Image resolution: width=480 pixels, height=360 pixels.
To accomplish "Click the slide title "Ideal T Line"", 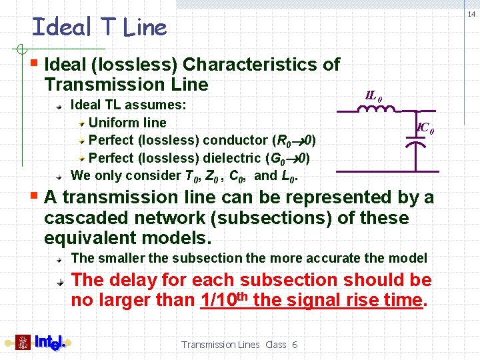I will (x=99, y=27).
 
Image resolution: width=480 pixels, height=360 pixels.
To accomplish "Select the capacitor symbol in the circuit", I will (x=417, y=146).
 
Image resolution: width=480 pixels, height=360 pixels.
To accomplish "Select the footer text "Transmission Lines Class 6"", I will (x=239, y=345).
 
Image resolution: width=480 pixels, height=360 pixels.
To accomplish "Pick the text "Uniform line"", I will (x=127, y=123).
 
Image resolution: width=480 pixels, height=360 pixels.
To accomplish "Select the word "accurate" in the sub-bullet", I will (x=331, y=258).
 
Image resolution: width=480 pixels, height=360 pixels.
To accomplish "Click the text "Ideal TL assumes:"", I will (x=128, y=105).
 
